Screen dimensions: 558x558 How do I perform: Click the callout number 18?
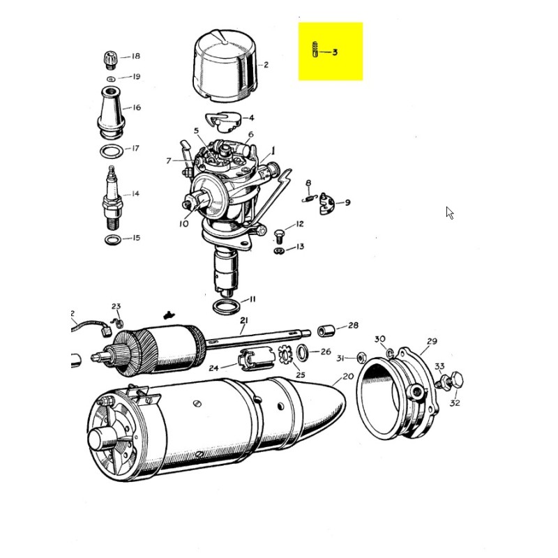(x=135, y=56)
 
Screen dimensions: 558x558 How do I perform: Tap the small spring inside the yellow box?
(x=315, y=51)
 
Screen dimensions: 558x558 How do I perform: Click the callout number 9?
(x=347, y=203)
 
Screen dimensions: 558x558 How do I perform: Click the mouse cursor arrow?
(x=450, y=213)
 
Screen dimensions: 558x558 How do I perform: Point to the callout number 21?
(x=243, y=321)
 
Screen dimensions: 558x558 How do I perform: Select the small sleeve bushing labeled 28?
(x=325, y=329)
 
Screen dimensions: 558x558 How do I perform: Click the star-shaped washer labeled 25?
(x=285, y=355)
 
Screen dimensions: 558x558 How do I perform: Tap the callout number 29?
(x=432, y=341)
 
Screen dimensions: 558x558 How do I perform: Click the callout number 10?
(x=183, y=224)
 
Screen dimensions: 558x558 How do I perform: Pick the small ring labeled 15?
(x=112, y=241)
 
